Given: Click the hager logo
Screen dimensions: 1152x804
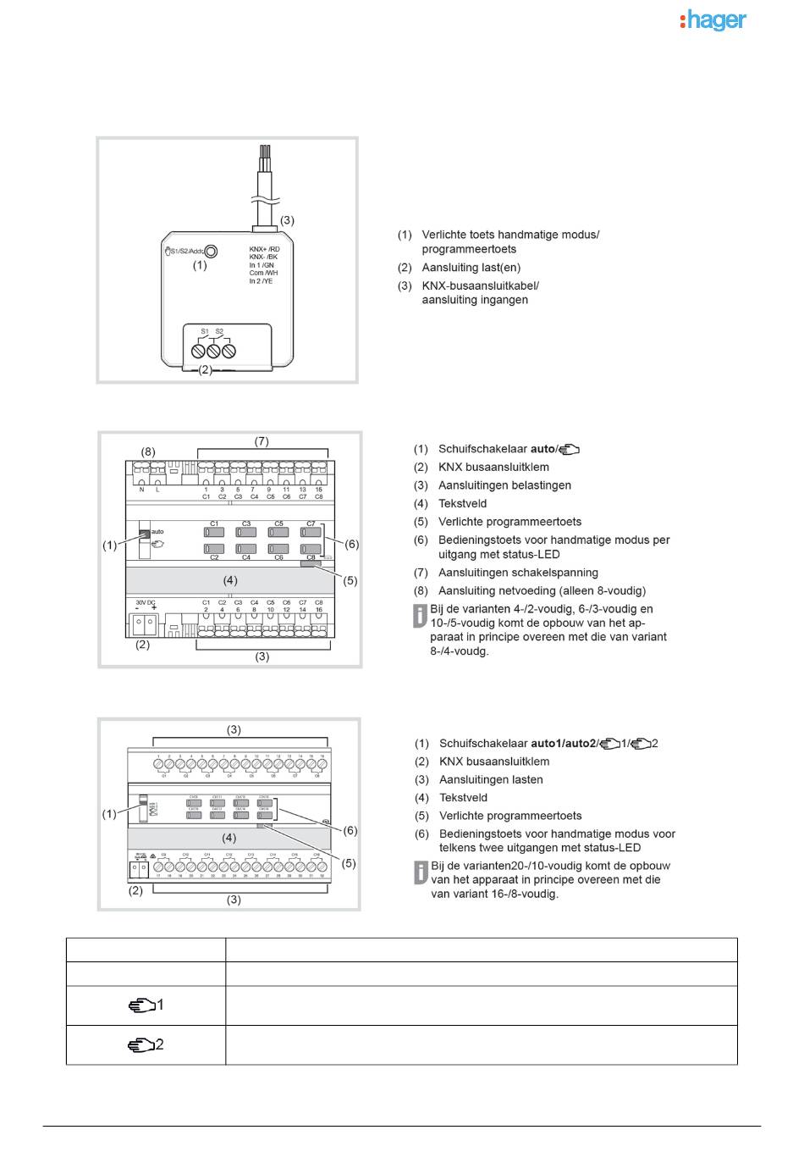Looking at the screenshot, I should (x=713, y=20).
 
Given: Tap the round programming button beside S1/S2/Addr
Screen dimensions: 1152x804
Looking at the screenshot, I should (x=211, y=251).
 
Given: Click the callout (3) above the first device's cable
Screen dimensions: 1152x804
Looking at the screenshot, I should (x=287, y=220).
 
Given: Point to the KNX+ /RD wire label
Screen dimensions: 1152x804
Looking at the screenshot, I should (x=264, y=250).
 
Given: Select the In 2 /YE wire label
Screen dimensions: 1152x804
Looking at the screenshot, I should (x=261, y=281).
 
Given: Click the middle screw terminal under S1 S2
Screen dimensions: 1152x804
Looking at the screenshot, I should (x=213, y=350).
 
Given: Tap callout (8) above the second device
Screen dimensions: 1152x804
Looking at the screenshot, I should (x=148, y=452).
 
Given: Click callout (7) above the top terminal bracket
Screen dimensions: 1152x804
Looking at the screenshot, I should (x=262, y=441).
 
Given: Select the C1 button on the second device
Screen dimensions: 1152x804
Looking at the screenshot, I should (x=214, y=533).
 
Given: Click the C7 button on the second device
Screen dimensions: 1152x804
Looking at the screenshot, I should (x=311, y=533).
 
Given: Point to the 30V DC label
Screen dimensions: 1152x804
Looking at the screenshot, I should (x=146, y=603).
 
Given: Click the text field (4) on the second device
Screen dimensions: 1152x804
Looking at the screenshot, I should (x=230, y=580).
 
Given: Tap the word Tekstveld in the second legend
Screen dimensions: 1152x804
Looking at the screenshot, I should (x=462, y=503).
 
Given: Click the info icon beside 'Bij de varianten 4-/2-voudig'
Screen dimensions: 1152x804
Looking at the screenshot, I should (x=420, y=616).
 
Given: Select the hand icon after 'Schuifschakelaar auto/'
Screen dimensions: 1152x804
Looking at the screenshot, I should (x=569, y=449).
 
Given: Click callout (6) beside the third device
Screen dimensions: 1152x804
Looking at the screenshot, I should (x=350, y=830).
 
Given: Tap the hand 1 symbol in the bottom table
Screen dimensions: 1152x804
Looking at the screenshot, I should (x=146, y=1005).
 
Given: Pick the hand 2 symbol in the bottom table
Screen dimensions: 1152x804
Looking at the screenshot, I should (x=146, y=1045).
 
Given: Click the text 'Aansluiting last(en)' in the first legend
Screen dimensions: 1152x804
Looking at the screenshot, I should (x=471, y=268).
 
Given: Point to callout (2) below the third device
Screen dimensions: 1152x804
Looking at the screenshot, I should (x=135, y=890).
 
